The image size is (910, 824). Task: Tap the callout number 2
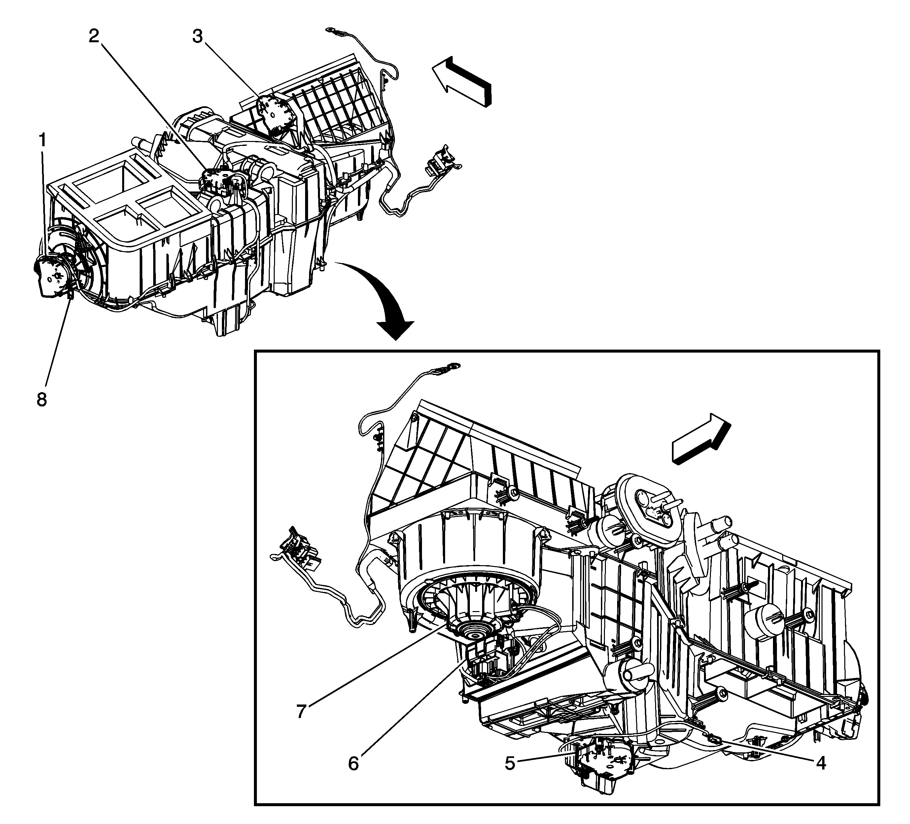pyautogui.click(x=93, y=36)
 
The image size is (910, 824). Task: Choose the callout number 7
pyautogui.click(x=301, y=711)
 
